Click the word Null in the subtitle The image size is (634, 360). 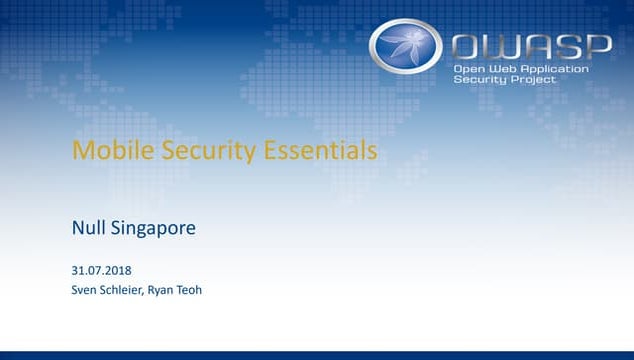coord(88,228)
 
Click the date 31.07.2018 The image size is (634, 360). coord(101,271)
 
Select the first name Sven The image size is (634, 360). coord(84,291)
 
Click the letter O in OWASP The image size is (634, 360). coord(468,45)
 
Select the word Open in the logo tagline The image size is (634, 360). coord(469,68)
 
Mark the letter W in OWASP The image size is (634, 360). coord(500,45)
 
